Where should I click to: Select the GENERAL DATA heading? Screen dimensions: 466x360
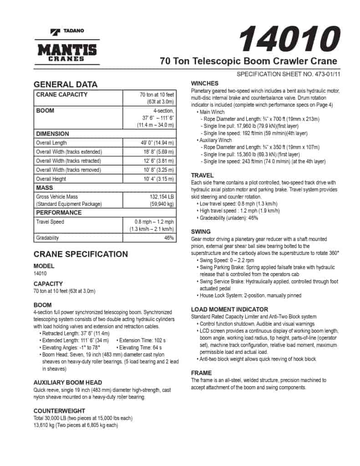(66, 84)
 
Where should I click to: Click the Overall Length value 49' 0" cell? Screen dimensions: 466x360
(157, 143)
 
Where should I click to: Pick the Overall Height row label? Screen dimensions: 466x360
(51, 179)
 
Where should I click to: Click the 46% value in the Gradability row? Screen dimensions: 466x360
(169, 238)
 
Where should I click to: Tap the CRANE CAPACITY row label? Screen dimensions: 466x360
(61, 95)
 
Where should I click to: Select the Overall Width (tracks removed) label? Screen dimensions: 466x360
(68, 170)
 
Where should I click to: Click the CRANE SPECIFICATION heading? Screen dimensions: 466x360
(81, 254)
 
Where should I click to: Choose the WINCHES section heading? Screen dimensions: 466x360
(205, 84)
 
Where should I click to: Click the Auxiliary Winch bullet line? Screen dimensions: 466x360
(216, 140)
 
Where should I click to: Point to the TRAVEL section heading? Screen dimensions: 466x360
(203, 175)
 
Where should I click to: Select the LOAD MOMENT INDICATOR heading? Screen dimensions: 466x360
(229, 309)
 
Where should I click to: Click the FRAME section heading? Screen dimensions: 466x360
(201, 373)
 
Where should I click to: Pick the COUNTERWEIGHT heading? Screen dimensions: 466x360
(59, 410)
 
